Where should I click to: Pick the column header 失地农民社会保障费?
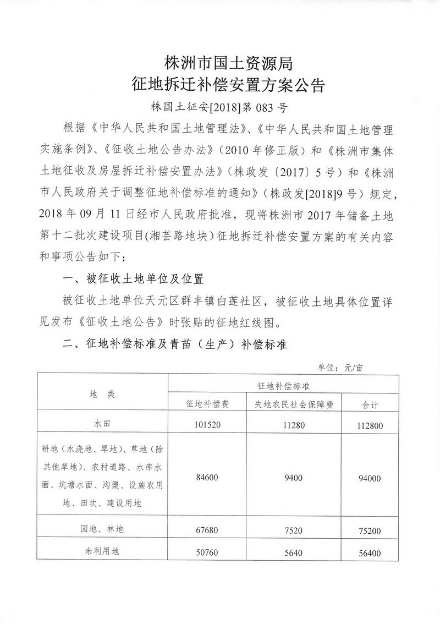click(294, 404)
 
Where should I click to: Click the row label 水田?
click(102, 424)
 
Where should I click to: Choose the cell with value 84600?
click(207, 478)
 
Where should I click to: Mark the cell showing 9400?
click(294, 478)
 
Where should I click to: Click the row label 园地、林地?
click(102, 529)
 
